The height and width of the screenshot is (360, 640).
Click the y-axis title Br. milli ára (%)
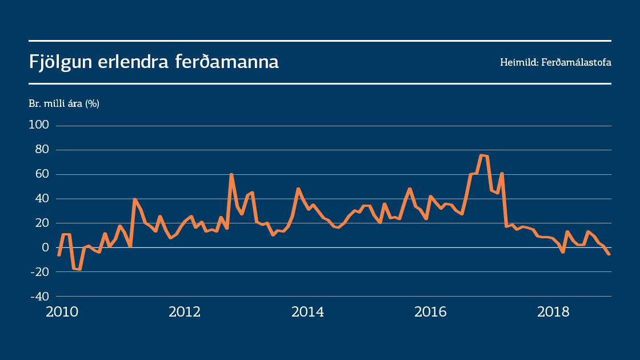click(x=64, y=103)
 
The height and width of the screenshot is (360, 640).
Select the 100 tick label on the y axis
click(x=39, y=125)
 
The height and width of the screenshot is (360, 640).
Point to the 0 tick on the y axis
click(x=46, y=247)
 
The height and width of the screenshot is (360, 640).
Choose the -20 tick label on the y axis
click(x=39, y=272)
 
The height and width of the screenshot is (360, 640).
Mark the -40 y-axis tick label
click(x=39, y=297)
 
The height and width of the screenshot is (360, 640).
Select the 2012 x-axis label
click(x=185, y=312)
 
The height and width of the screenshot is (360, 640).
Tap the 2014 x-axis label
click(x=307, y=312)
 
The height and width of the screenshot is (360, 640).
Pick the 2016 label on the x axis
click(x=430, y=312)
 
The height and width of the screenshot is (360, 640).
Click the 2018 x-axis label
click(x=553, y=312)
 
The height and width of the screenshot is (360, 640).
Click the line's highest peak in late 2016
click(x=482, y=155)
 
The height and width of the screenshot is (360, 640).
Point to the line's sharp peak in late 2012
click(x=231, y=174)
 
